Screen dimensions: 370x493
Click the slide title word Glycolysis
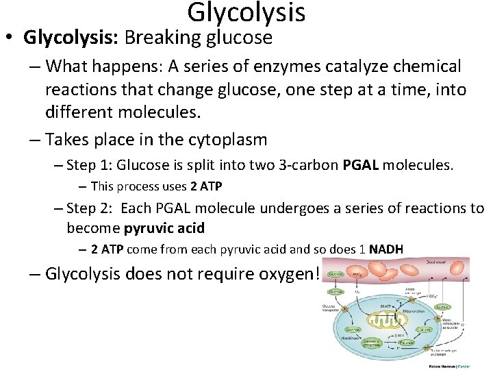click(246, 12)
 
